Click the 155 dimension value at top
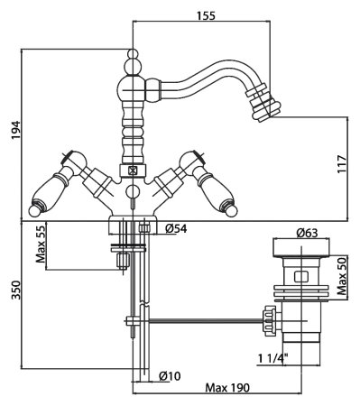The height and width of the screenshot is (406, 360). (x=207, y=15)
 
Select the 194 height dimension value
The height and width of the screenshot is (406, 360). (x=15, y=130)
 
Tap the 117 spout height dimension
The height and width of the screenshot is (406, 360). (x=342, y=164)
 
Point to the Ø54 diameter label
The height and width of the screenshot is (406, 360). (x=176, y=229)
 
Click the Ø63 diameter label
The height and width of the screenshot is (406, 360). (x=307, y=233)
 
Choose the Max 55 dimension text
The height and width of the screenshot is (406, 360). (x=41, y=244)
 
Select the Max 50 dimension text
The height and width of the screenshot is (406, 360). (x=342, y=276)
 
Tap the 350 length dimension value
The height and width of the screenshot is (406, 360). (x=15, y=290)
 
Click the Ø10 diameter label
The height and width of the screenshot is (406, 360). (x=170, y=375)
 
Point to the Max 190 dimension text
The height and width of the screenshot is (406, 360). (x=227, y=388)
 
